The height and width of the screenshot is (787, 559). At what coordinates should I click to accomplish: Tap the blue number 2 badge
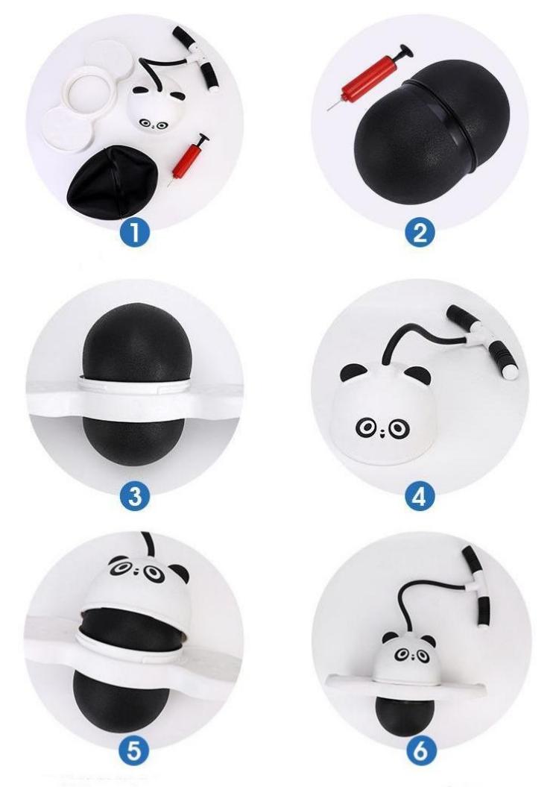point(419,233)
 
